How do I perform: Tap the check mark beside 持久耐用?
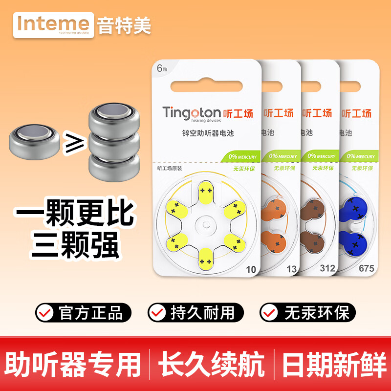click(158, 312)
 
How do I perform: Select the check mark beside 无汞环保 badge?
click(270, 312)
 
